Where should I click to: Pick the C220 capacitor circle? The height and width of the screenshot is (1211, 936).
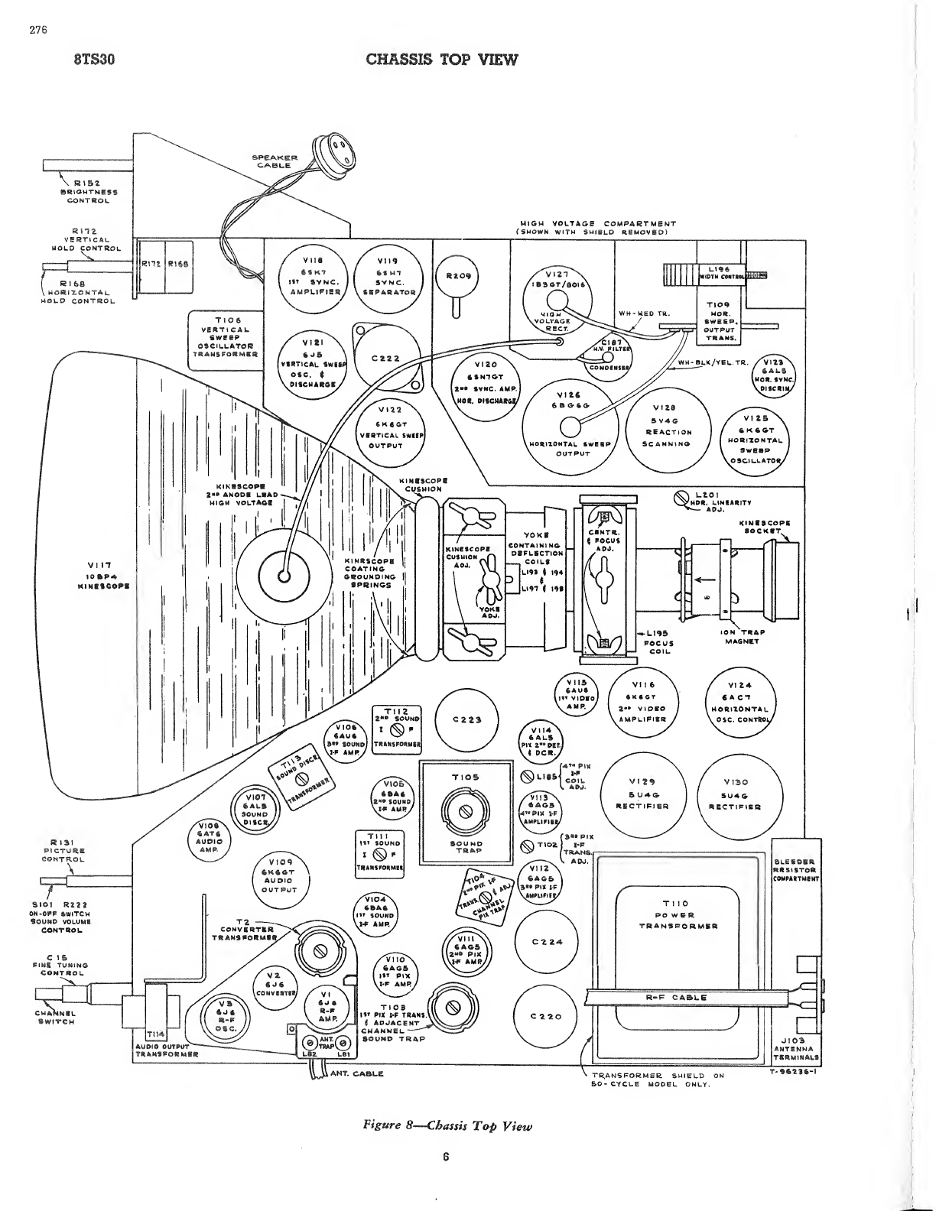546,1016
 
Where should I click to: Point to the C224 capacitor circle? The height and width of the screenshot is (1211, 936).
546,941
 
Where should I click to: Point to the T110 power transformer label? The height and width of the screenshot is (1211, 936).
678,914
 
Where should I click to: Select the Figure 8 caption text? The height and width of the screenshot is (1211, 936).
447,1125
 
